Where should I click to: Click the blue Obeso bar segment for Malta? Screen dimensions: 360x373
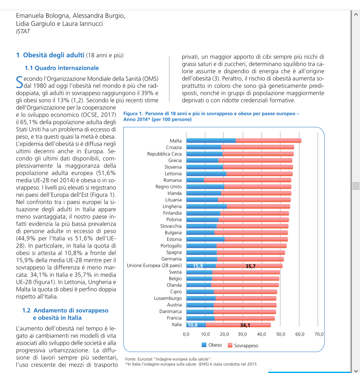tap(211, 141)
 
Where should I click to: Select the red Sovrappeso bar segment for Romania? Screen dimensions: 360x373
tap(248, 180)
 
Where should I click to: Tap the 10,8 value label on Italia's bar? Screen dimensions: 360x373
tap(192, 325)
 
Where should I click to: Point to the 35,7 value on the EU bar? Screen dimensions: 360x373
tap(250, 266)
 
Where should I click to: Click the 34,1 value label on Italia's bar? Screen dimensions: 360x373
tap(245, 325)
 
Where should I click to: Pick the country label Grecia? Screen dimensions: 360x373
tap(175, 161)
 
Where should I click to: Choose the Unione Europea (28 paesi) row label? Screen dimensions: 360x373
tap(154, 265)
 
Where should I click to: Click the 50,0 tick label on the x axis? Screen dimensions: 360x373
tap(281, 334)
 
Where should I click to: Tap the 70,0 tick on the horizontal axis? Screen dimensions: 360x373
tap(319, 334)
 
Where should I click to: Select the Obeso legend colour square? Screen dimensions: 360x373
tap(204, 345)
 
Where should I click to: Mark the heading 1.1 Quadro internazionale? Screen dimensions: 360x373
tap(62, 68)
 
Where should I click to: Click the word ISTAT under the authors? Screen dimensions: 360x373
tap(23, 31)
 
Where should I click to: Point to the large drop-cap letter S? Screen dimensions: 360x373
tap(19, 82)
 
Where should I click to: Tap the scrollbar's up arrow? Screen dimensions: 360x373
tap(356, 14)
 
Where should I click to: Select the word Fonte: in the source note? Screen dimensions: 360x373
tap(131, 359)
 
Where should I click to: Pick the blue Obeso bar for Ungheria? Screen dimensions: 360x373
tap(206, 206)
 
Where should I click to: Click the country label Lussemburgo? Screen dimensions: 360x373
tap(168, 298)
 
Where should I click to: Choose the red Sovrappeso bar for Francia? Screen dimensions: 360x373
tap(245, 318)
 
